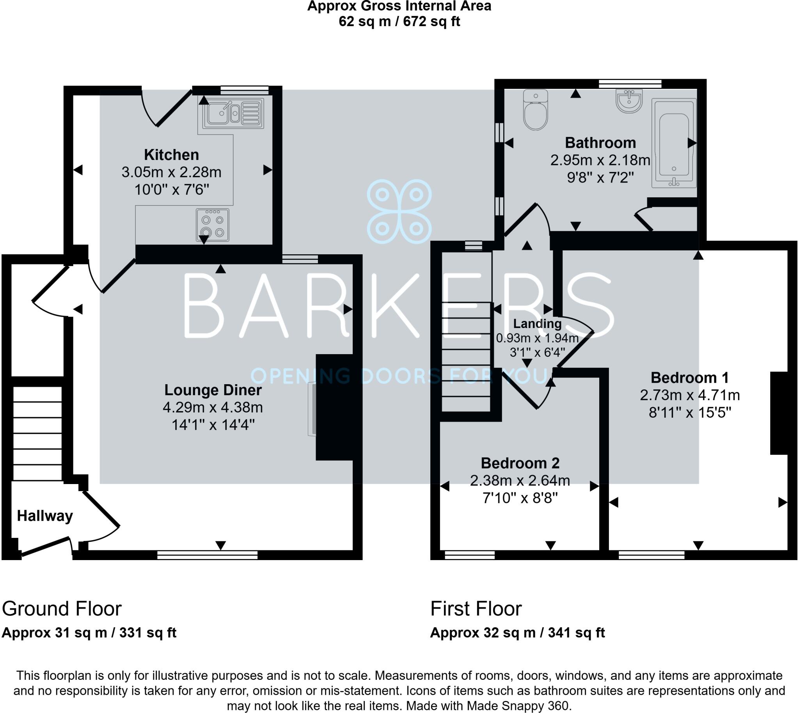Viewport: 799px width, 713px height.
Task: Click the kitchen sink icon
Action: click(233, 113)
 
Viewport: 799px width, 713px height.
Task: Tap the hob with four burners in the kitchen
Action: click(213, 225)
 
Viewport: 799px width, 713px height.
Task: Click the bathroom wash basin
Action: click(629, 101)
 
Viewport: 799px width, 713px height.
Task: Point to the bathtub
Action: click(674, 144)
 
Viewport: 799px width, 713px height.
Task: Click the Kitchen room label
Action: click(171, 155)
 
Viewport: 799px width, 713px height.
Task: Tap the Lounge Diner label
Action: click(213, 390)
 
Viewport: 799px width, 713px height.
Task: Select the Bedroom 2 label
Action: click(520, 463)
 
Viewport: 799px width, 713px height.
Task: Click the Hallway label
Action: click(45, 516)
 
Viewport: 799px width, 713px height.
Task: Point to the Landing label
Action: click(537, 324)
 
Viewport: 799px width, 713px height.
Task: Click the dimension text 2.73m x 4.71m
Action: click(690, 395)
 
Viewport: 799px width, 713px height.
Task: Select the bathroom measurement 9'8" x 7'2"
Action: click(600, 178)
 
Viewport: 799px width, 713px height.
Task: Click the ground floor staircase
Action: click(37, 433)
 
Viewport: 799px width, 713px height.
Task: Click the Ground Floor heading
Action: click(62, 608)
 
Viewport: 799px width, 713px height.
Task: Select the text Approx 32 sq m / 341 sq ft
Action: click(517, 633)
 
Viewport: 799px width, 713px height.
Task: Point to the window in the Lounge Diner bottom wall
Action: click(207, 555)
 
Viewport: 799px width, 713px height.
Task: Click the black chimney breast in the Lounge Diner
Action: click(334, 407)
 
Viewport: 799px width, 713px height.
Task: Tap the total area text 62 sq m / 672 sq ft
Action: click(399, 21)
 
